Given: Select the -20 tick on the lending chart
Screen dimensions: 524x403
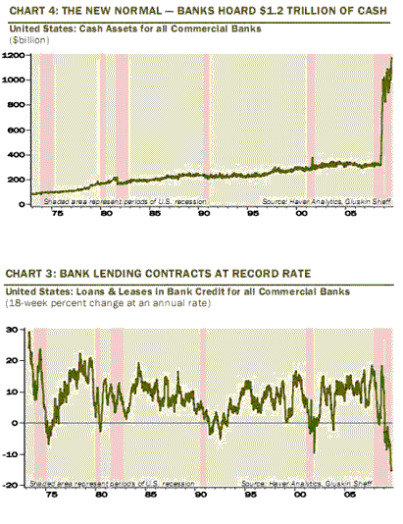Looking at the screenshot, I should tap(16, 485).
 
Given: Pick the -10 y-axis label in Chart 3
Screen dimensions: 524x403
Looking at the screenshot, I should tap(16, 453).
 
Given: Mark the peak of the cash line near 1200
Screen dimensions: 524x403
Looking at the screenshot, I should tap(391, 58).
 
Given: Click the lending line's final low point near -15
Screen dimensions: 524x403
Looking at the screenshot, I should tap(391, 469).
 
